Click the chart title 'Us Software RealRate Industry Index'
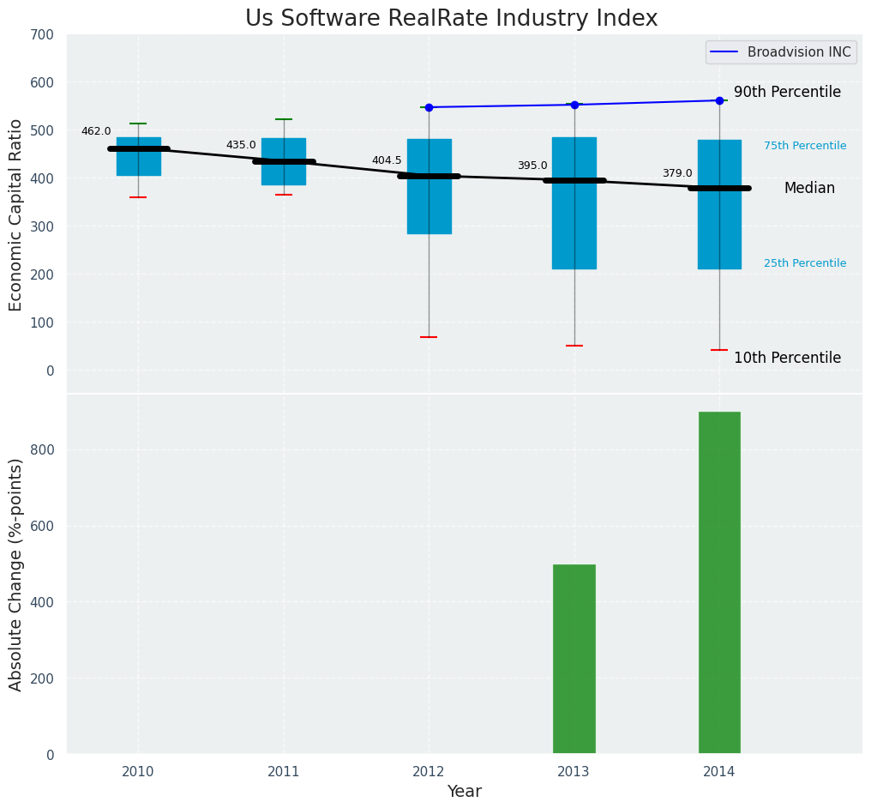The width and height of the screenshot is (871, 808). pos(451,19)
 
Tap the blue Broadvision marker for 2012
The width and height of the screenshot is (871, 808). pos(429,107)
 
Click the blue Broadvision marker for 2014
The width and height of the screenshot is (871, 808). pos(719,100)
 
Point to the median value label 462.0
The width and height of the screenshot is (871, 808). pos(96,131)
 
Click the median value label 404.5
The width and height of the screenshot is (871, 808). pos(387,160)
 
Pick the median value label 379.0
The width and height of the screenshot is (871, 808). pos(677,173)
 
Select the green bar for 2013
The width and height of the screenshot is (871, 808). pos(574,659)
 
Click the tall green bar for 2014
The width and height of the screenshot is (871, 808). pos(719,583)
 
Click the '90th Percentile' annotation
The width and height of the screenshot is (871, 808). pos(787,93)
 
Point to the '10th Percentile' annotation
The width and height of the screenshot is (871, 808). pos(787,359)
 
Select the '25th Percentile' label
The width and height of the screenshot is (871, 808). pos(805,263)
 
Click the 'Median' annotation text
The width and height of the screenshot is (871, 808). pos(809,189)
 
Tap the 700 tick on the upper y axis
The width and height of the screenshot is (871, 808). pos(42,35)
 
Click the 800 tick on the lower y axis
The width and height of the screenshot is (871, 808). pos(42,450)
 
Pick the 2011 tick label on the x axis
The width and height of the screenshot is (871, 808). pos(284,772)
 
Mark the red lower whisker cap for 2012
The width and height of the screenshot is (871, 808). pos(429,337)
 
